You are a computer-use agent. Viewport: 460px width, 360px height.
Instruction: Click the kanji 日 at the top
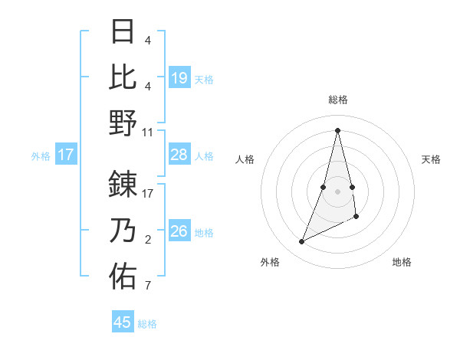123,31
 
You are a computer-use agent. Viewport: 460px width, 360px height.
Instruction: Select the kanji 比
123,77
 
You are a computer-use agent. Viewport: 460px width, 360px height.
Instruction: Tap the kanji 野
123,122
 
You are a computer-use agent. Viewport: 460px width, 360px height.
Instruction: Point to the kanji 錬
123,185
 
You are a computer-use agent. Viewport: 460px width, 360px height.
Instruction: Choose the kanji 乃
123,231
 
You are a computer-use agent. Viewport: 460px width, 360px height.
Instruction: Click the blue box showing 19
179,77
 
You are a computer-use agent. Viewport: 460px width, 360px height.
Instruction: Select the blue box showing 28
179,155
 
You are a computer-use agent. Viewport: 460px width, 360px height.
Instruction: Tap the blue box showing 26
179,231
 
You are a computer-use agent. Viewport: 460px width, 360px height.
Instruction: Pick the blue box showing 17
66,155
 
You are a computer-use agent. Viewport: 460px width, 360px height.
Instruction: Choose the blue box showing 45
123,322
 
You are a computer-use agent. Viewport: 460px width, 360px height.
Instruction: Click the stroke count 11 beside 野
148,132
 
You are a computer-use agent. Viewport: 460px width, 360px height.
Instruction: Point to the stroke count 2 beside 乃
148,241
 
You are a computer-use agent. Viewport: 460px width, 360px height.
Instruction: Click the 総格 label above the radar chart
338,100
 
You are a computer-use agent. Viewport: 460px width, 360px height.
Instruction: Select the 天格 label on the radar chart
431,159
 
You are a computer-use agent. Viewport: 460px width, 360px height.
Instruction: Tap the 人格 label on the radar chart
245,159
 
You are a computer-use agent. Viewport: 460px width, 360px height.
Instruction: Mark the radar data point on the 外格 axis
302,242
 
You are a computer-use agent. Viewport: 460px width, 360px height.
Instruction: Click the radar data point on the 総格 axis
338,129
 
